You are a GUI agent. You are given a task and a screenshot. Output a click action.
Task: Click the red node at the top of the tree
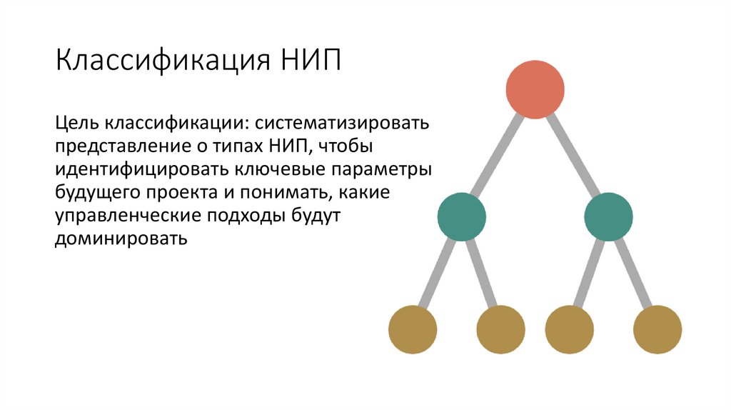(x=535, y=89)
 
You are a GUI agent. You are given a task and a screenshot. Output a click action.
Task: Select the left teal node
(x=461, y=216)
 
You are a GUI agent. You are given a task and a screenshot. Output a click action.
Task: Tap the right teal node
(x=608, y=216)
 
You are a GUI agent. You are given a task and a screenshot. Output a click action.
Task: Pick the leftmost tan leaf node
(x=413, y=329)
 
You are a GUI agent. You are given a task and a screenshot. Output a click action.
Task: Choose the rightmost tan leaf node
(x=657, y=329)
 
